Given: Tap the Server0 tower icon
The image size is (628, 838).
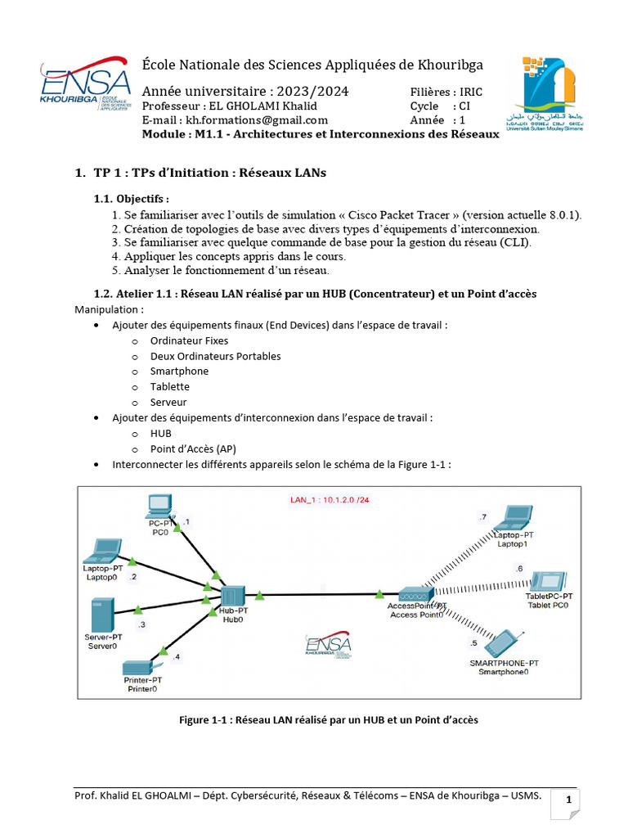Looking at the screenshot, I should pyautogui.click(x=102, y=614).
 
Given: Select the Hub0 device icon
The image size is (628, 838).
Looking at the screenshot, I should pyautogui.click(x=233, y=596).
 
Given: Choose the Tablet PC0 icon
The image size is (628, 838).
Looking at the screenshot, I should pyautogui.click(x=548, y=581).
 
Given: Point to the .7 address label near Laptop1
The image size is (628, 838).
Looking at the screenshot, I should pyautogui.click(x=482, y=516).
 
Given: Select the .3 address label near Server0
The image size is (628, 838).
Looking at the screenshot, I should pyautogui.click(x=141, y=624).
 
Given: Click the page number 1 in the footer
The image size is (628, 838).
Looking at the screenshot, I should pyautogui.click(x=566, y=800).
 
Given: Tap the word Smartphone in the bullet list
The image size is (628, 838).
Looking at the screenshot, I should pyautogui.click(x=179, y=371).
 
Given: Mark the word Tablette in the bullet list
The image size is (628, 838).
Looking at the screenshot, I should pyautogui.click(x=169, y=386).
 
